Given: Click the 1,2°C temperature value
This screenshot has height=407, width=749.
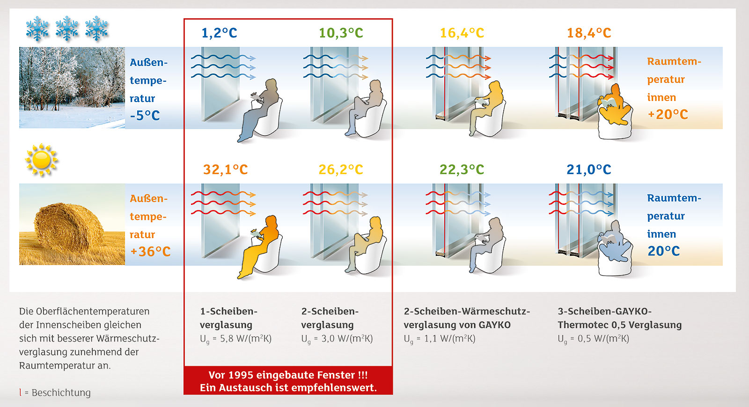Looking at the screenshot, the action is pos(220,33).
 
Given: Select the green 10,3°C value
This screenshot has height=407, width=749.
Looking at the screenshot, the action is pos(341,33).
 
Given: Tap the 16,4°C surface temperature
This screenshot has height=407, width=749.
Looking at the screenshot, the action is pos(462,33).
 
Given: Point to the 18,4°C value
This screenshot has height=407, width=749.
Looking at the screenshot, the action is pos(589,33).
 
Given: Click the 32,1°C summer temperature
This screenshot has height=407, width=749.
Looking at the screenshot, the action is pos(225,170).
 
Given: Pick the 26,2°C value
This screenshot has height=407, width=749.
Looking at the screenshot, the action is pos(341,170).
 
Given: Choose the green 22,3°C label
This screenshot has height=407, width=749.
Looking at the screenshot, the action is pos(462,170).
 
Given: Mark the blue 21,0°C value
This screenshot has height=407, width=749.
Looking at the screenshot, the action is pos(589,170).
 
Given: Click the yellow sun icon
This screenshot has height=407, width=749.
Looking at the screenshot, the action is pos(42,160).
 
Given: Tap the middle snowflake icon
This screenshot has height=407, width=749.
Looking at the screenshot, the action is pos(67,29).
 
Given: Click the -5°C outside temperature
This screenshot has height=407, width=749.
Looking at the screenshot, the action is pos(145,116).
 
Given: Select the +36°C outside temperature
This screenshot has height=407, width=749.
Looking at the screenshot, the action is pos(150,252).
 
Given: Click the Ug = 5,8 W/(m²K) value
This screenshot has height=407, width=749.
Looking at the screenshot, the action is pos(236,339).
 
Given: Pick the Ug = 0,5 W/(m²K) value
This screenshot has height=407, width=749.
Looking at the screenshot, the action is pos(594,339).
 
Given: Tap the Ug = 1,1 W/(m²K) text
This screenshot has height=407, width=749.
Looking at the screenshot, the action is pos(440,339).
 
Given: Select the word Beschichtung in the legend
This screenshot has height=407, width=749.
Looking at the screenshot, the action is pos(61,393).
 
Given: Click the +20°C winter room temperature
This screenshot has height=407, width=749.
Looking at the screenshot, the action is pos(668,115).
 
